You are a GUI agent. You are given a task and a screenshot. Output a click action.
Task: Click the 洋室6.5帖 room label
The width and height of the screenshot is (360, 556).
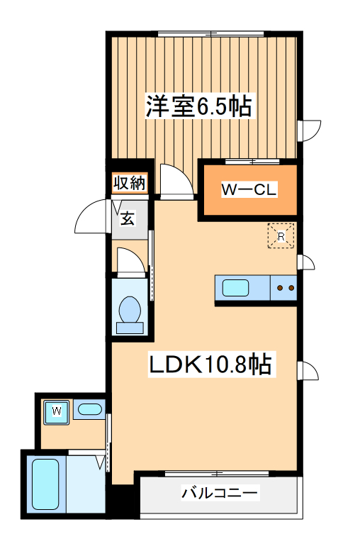[199, 107]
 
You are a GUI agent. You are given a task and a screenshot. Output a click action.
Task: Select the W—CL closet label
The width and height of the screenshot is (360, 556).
[249, 190]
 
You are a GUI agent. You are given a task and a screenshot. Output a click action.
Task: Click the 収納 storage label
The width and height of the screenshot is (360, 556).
[129, 184]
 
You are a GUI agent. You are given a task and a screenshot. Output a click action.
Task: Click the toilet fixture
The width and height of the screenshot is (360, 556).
[129, 312]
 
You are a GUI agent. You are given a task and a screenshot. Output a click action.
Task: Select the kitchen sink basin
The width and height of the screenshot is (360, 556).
[235, 288]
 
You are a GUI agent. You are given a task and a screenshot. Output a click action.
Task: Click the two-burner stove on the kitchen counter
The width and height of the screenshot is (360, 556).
[285, 288]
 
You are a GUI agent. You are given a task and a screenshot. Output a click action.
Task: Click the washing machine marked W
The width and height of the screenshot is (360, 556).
[56, 411]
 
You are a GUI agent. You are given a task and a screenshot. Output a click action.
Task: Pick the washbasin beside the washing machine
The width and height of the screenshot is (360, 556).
[89, 409]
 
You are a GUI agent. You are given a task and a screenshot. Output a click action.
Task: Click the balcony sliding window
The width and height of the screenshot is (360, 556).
[218, 472]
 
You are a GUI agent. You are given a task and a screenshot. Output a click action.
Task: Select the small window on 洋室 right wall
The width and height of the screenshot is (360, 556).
[309, 130]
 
